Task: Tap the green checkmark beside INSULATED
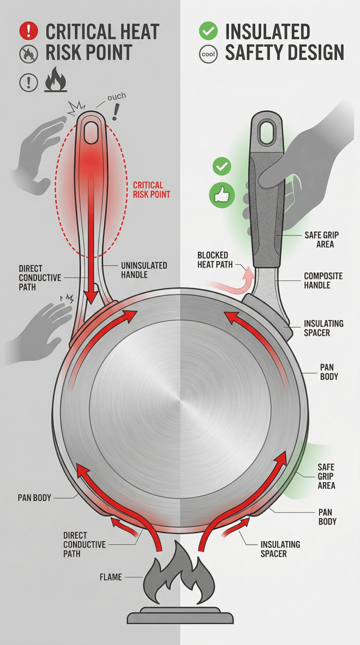tap(208, 31)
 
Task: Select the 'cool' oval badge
tap(208, 54)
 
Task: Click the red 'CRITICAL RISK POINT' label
tap(151, 189)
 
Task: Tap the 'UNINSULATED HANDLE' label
tap(144, 270)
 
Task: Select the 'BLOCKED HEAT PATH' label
tap(215, 259)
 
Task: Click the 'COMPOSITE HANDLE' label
tap(323, 280)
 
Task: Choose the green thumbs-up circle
tap(221, 196)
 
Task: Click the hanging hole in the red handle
tap(92, 132)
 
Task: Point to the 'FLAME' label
tap(110, 576)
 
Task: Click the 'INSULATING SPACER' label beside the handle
tap(323, 328)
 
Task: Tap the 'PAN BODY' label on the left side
tap(34, 497)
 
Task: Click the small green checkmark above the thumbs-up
tap(221, 166)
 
